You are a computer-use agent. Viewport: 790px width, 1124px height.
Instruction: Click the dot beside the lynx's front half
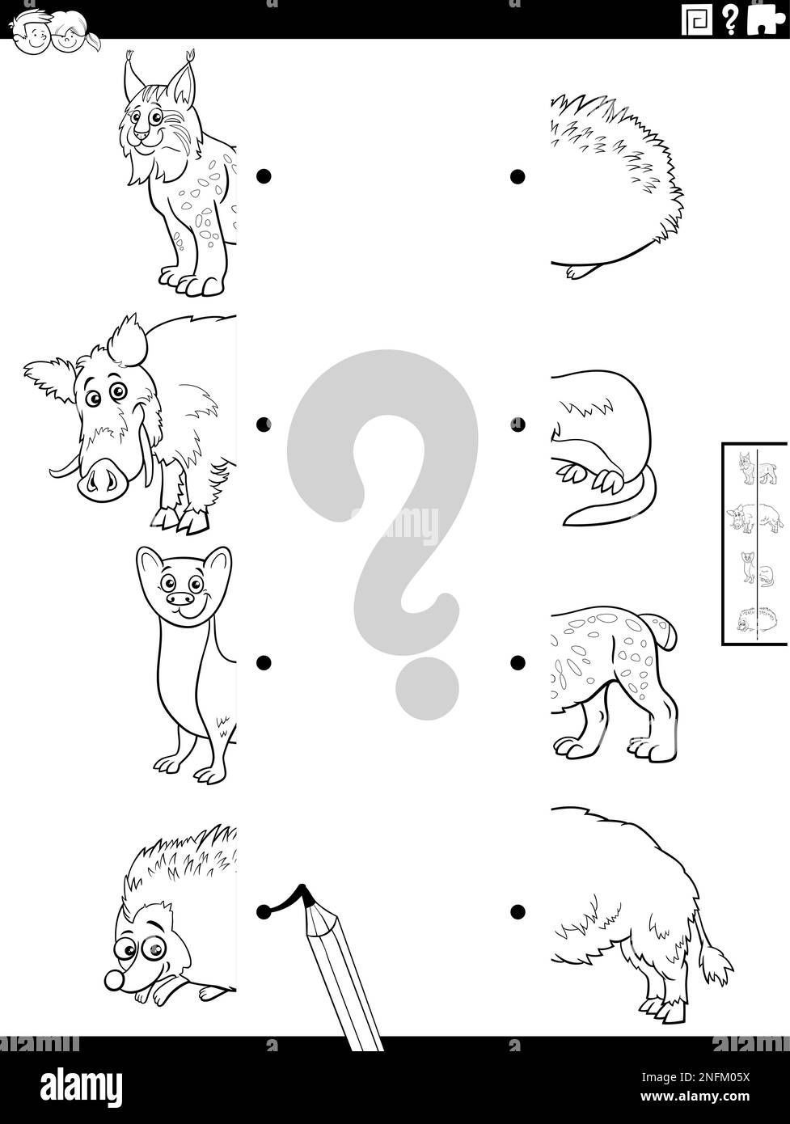(x=262, y=175)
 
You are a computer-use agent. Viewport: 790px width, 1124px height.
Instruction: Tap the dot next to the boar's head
(x=262, y=423)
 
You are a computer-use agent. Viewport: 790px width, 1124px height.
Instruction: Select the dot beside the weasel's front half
(x=262, y=662)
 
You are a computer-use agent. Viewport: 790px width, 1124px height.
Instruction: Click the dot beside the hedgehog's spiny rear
(x=515, y=175)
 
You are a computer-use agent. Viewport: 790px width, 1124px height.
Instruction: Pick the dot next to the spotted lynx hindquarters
(x=515, y=662)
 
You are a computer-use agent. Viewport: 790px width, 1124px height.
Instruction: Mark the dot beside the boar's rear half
(x=515, y=911)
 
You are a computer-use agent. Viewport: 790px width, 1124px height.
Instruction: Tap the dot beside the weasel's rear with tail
(x=515, y=423)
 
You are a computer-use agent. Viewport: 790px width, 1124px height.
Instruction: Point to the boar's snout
(x=102, y=479)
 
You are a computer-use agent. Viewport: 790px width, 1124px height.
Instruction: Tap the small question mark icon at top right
(x=730, y=19)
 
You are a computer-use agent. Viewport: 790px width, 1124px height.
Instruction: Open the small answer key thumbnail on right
(x=754, y=543)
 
